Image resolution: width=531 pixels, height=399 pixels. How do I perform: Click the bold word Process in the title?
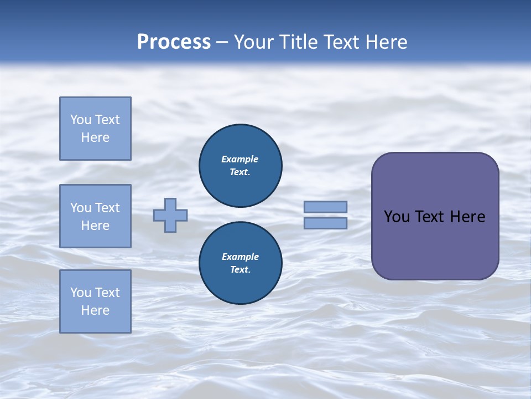pyautogui.click(x=174, y=42)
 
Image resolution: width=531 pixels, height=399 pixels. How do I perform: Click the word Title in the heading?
pyautogui.click(x=299, y=42)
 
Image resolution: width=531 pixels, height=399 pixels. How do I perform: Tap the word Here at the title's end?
pyautogui.click(x=386, y=42)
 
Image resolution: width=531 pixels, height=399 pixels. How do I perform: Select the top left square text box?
pyautogui.click(x=95, y=129)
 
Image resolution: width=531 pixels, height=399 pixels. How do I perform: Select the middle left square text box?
pyautogui.click(x=95, y=216)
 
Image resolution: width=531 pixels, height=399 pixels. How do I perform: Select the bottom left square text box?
pyautogui.click(x=95, y=301)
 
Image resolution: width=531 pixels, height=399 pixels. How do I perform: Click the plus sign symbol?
pyautogui.click(x=170, y=215)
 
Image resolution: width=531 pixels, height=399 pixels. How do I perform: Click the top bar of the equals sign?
pyautogui.click(x=325, y=207)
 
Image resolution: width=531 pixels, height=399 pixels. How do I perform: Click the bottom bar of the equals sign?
pyautogui.click(x=325, y=223)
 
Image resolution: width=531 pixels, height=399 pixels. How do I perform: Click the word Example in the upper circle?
pyautogui.click(x=240, y=159)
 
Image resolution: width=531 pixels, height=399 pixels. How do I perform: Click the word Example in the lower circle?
pyautogui.click(x=240, y=257)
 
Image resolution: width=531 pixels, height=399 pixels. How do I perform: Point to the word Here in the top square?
pyautogui.click(x=95, y=137)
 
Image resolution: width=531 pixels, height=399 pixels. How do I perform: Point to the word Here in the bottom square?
pyautogui.click(x=95, y=310)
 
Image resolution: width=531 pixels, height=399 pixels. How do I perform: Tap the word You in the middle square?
pyautogui.click(x=80, y=208)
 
